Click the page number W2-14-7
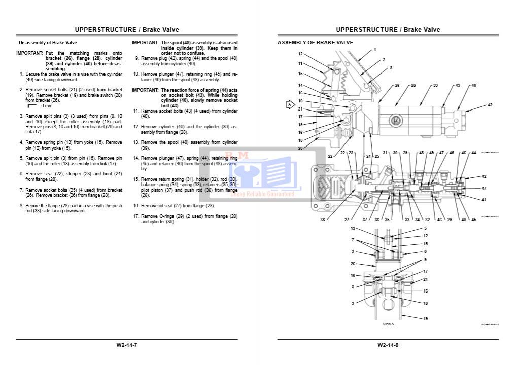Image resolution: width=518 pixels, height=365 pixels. [x=127, y=345]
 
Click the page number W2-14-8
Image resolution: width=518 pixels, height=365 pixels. [x=388, y=345]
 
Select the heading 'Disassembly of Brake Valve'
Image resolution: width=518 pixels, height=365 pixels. [x=48, y=43]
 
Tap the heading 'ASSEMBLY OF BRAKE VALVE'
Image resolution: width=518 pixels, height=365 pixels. [x=315, y=43]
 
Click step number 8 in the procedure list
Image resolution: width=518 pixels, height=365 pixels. [x=21, y=206]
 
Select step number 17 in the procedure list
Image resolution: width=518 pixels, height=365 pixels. [x=136, y=216]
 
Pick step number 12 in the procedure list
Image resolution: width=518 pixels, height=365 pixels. [x=136, y=125]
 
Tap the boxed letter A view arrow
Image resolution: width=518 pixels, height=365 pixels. [x=290, y=105]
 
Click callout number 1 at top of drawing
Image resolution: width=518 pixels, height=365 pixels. [x=375, y=50]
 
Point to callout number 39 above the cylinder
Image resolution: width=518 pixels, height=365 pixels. [x=435, y=85]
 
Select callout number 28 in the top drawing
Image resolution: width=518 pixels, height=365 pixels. [x=413, y=85]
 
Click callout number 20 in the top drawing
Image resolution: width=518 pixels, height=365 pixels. [x=300, y=148]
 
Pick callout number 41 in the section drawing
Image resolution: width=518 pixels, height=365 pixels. [x=484, y=199]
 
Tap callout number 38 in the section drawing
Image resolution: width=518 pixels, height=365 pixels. [x=323, y=220]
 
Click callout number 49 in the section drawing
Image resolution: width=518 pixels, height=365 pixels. [x=431, y=153]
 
